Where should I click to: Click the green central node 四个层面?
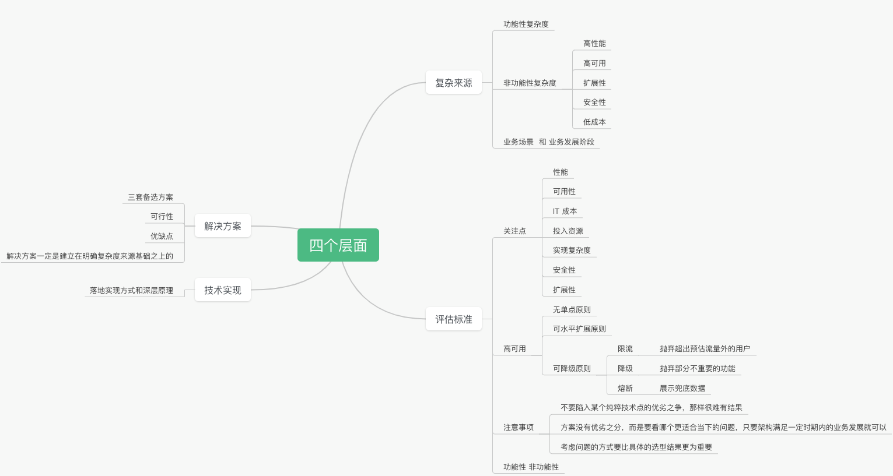tap(338, 245)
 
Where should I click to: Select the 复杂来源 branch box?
tap(453, 83)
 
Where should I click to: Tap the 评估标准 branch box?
tap(453, 319)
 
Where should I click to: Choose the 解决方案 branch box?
tap(222, 226)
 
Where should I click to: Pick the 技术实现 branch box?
tap(222, 290)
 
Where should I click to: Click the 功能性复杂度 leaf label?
tap(526, 24)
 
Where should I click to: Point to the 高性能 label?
tap(594, 44)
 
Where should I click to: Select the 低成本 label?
tap(594, 122)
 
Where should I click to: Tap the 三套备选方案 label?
tap(150, 198)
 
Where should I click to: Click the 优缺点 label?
tap(162, 237)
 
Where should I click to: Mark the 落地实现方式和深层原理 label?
tap(131, 291)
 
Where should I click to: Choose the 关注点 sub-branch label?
tap(514, 231)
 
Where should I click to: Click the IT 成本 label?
tap(565, 211)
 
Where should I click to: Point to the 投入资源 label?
tap(568, 231)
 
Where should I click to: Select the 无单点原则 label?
tap(572, 310)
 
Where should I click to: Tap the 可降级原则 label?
tap(572, 369)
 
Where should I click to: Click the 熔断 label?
tap(625, 389)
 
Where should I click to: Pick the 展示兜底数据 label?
tap(682, 389)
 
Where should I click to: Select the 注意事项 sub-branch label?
tap(518, 428)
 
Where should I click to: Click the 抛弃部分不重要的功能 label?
tap(697, 369)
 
